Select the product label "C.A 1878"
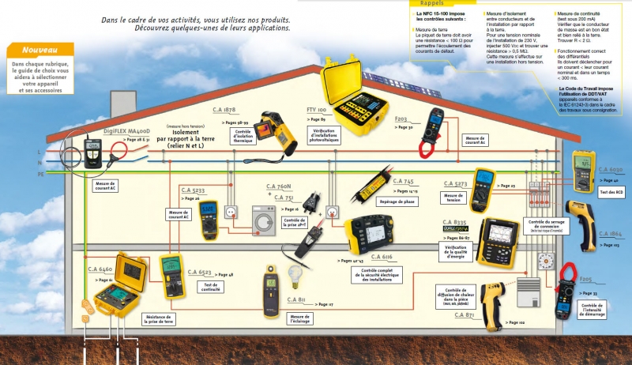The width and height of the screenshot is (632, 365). pyautogui.click(x=224, y=110)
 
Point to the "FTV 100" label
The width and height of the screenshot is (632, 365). pyautogui.click(x=316, y=108)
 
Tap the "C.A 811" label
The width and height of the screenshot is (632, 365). pyautogui.click(x=296, y=299)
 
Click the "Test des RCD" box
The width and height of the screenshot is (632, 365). pyautogui.click(x=612, y=194)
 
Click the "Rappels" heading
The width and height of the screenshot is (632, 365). pyautogui.click(x=433, y=2)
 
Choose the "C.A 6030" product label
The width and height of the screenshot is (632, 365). pyautogui.click(x=611, y=169)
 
